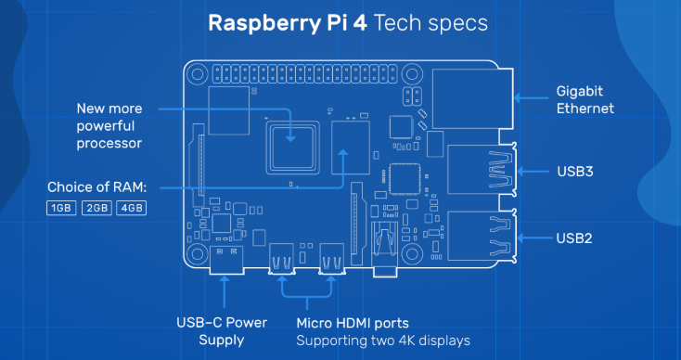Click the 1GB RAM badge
coord(61,208)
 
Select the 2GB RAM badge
coord(96,208)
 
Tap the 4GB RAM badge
coord(131,208)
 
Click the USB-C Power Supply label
coord(222,331)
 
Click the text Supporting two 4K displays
coord(383,341)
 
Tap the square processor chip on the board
coord(291,144)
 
